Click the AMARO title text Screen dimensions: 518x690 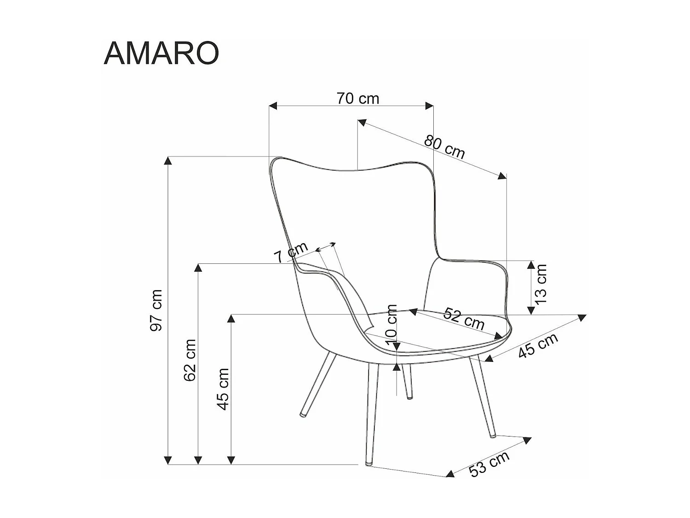(161, 53)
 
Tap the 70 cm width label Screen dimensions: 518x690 (357, 98)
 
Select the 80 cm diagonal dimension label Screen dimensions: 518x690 (444, 146)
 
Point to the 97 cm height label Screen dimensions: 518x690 (156, 310)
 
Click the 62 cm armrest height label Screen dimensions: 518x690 (190, 360)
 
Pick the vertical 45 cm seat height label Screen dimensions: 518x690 (223, 389)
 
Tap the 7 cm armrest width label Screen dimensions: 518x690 (291, 253)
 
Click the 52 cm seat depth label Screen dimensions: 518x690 (464, 319)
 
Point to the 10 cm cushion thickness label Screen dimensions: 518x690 (391, 325)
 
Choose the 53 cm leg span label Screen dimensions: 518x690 (489, 464)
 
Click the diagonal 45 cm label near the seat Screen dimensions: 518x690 (538, 345)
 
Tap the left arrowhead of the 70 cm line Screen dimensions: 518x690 (273, 106)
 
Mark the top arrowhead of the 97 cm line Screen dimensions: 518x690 (168, 160)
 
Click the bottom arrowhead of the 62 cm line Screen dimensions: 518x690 (198, 460)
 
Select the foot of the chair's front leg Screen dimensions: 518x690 (368, 463)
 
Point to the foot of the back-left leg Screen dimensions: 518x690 (303, 414)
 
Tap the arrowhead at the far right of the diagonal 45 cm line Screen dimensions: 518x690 (582, 317)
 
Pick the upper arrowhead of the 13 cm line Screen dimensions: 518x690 (531, 264)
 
